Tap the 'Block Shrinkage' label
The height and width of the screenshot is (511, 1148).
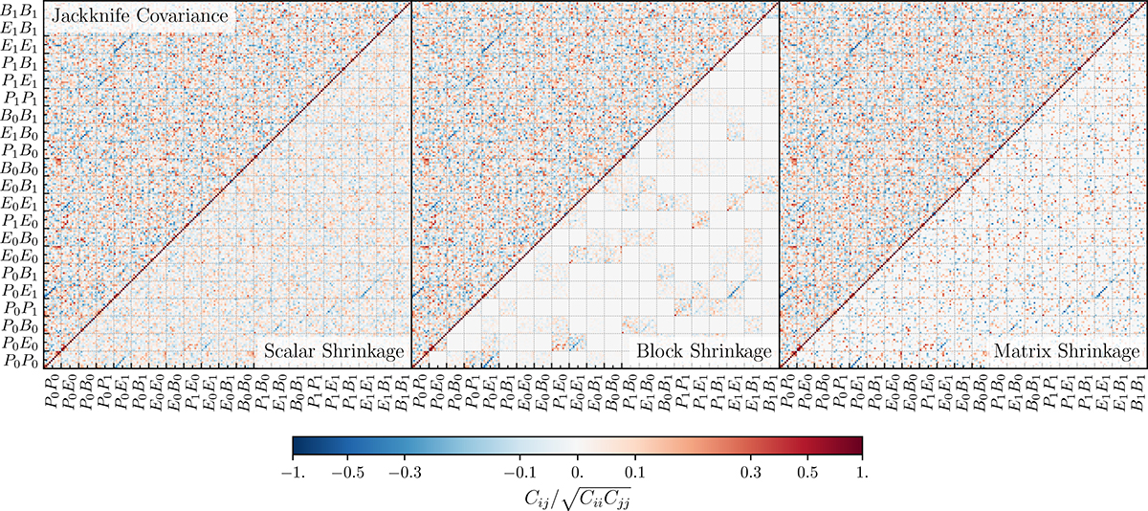[704, 352]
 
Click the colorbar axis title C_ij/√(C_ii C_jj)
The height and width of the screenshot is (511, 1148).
[577, 497]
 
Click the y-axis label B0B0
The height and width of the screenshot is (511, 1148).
[20, 168]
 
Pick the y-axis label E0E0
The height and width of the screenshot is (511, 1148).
[20, 255]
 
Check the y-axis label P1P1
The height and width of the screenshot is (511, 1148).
[20, 98]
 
